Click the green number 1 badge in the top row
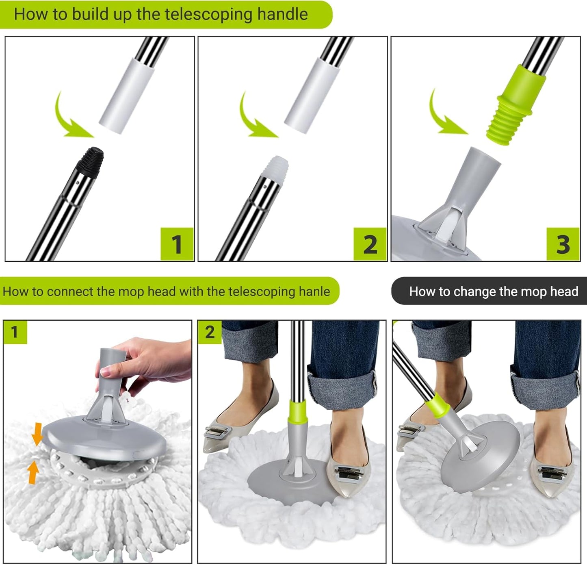point(177,244)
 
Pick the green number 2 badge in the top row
point(370,244)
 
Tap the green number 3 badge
point(563,244)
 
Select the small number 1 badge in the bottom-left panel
point(15,332)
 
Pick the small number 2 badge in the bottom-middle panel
point(209,332)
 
